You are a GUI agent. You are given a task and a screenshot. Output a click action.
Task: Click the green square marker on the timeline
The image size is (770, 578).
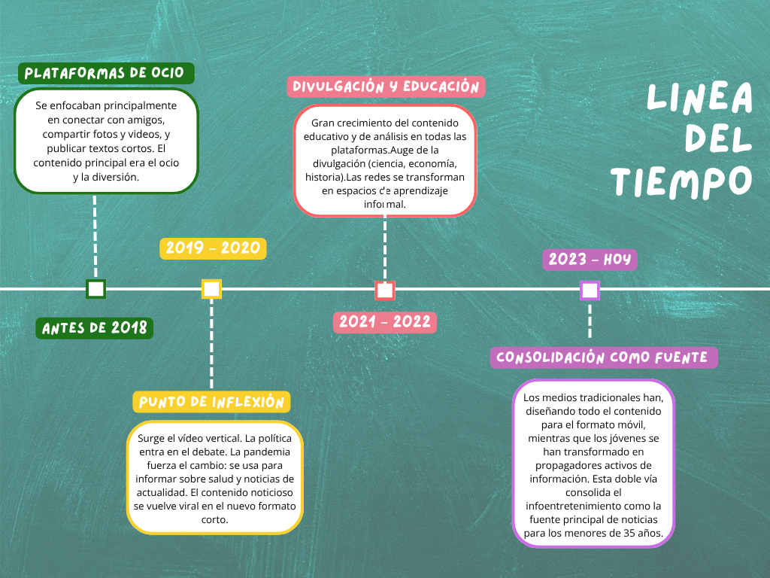(x=95, y=289)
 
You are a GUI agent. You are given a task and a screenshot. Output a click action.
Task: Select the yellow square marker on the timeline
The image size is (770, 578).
(x=211, y=289)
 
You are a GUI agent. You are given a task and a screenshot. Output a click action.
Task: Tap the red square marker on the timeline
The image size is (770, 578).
(x=385, y=290)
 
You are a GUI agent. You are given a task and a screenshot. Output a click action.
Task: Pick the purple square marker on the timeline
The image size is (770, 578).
(x=590, y=290)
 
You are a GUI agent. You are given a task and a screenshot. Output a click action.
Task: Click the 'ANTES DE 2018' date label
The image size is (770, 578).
(x=95, y=328)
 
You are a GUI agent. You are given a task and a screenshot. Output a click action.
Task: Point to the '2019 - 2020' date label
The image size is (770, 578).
(x=213, y=248)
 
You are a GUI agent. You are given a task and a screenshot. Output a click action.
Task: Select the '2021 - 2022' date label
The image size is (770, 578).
(x=385, y=322)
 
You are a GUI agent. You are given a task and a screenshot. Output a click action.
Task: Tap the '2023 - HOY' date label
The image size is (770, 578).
(x=590, y=260)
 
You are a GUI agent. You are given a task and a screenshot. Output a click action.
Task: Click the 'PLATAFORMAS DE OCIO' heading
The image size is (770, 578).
(x=106, y=73)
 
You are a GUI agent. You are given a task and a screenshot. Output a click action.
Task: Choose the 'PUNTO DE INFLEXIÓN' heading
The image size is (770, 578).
(x=211, y=402)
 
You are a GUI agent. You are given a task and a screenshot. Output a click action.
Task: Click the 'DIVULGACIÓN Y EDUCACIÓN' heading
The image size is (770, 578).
(x=386, y=87)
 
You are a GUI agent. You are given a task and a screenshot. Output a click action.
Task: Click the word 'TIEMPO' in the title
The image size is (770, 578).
(x=681, y=181)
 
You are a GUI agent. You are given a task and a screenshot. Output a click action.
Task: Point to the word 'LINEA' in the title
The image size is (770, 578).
(x=699, y=98)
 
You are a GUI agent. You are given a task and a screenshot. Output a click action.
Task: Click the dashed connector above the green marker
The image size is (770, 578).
(x=95, y=237)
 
